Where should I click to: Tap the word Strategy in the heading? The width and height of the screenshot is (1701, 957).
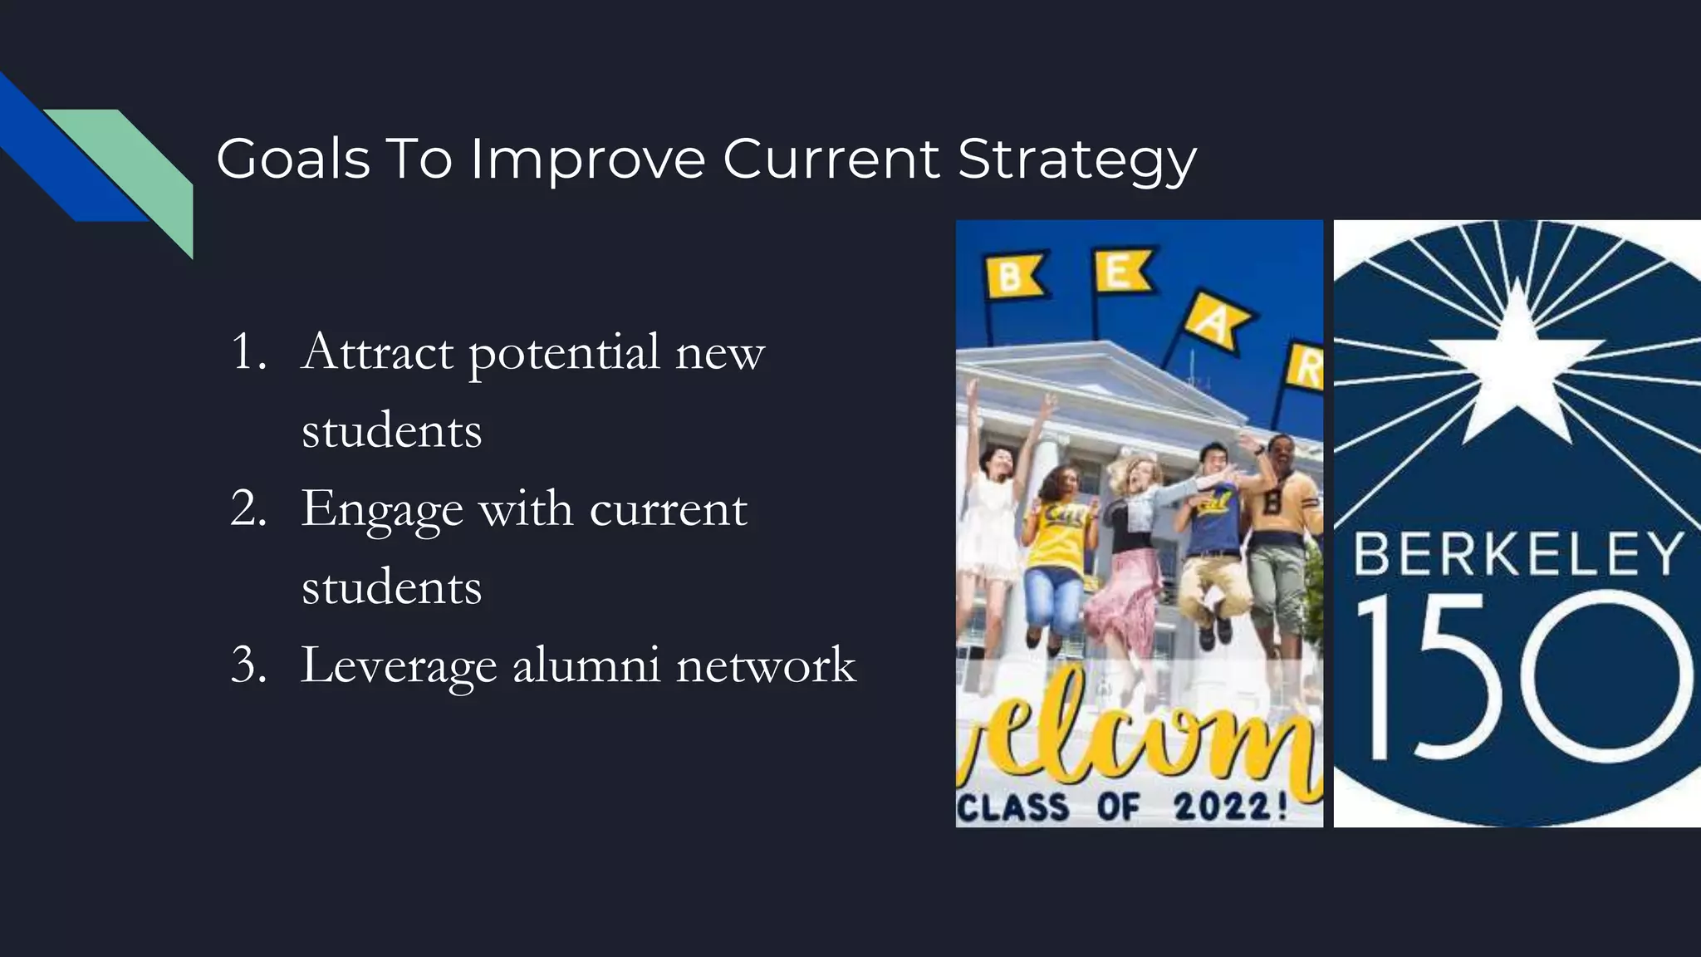tap(1076, 159)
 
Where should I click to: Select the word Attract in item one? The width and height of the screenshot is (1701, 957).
tap(377, 352)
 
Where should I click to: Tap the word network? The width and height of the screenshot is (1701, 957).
tap(765, 665)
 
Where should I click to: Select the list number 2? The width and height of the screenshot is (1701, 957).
tap(248, 508)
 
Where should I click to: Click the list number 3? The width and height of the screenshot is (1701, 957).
tap(248, 665)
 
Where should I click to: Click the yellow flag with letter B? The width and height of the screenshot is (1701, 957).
tap(1012, 277)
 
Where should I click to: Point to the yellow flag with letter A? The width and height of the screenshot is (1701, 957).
tap(1215, 321)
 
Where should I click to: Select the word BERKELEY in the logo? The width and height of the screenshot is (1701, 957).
tap(1517, 554)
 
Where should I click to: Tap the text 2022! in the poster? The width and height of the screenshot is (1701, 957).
tap(1230, 807)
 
